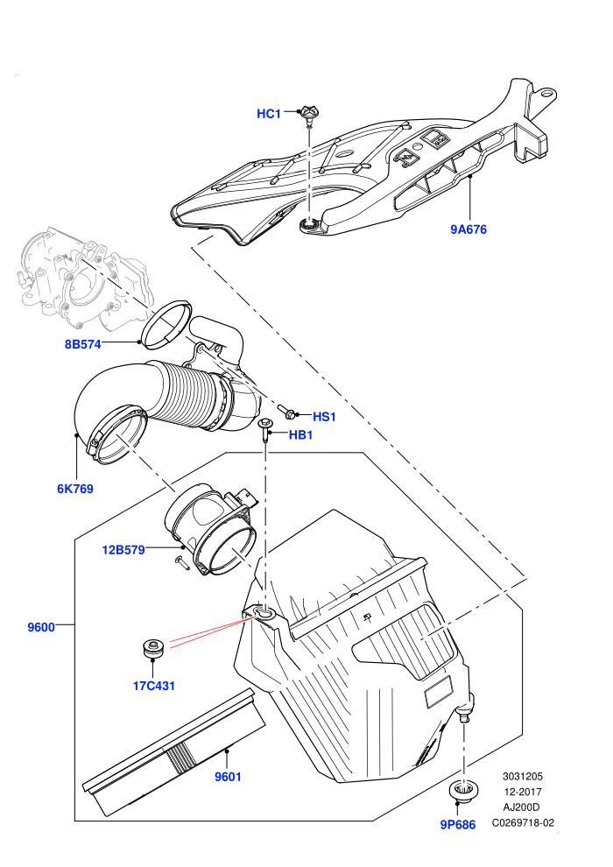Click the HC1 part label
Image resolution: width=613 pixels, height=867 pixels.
point(269,114)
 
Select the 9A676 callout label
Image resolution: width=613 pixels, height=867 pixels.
point(469,229)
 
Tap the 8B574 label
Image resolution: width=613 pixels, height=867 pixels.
point(83,344)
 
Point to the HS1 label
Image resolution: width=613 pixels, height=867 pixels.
point(325,417)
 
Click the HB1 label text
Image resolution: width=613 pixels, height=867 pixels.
point(300,435)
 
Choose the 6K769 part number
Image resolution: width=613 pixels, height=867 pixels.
point(75,489)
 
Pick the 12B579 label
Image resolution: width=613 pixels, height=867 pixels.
point(123,550)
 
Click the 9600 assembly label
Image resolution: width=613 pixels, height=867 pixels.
point(41,627)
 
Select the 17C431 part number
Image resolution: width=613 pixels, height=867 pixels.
point(153,687)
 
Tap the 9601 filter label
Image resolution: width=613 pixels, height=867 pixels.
point(228,777)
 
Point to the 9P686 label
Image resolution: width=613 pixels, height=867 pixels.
point(458,825)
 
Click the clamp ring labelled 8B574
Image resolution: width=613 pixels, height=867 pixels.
point(166,325)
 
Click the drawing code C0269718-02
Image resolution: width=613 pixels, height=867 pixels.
point(523,822)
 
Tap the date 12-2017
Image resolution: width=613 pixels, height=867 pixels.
point(523,792)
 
